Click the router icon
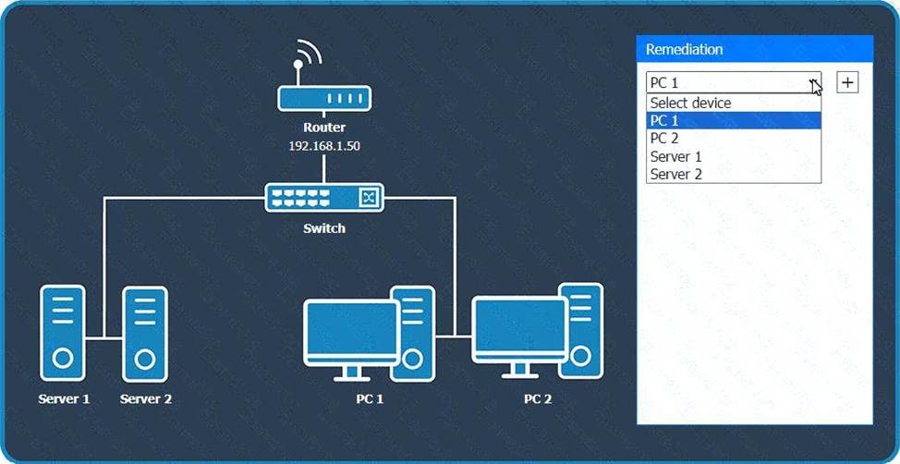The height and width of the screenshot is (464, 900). (x=324, y=98)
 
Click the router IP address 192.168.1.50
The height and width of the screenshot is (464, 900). (x=324, y=146)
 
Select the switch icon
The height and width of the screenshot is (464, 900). (x=324, y=198)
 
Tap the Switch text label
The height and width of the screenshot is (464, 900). (x=324, y=228)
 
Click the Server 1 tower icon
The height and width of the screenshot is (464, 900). (x=63, y=333)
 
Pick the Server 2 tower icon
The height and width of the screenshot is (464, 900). (x=145, y=335)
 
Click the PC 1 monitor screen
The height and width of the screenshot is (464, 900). (x=351, y=328)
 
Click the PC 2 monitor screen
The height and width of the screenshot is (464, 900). (x=519, y=325)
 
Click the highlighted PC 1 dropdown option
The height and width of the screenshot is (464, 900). (x=734, y=120)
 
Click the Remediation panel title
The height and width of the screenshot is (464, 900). (x=684, y=49)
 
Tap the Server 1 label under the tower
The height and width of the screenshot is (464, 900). (x=64, y=398)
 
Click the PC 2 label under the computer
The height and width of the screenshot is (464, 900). (x=538, y=398)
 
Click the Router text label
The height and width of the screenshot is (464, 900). (x=324, y=128)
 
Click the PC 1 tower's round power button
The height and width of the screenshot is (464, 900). (x=412, y=360)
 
